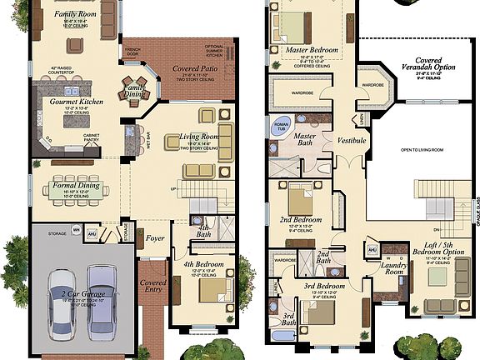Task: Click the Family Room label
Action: (x=75, y=14)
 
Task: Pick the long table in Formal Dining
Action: (x=77, y=184)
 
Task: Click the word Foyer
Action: (x=155, y=238)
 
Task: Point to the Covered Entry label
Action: (x=153, y=284)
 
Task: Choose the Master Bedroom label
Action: (x=312, y=50)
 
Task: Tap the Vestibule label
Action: (x=352, y=141)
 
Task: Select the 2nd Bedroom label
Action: (x=302, y=220)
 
